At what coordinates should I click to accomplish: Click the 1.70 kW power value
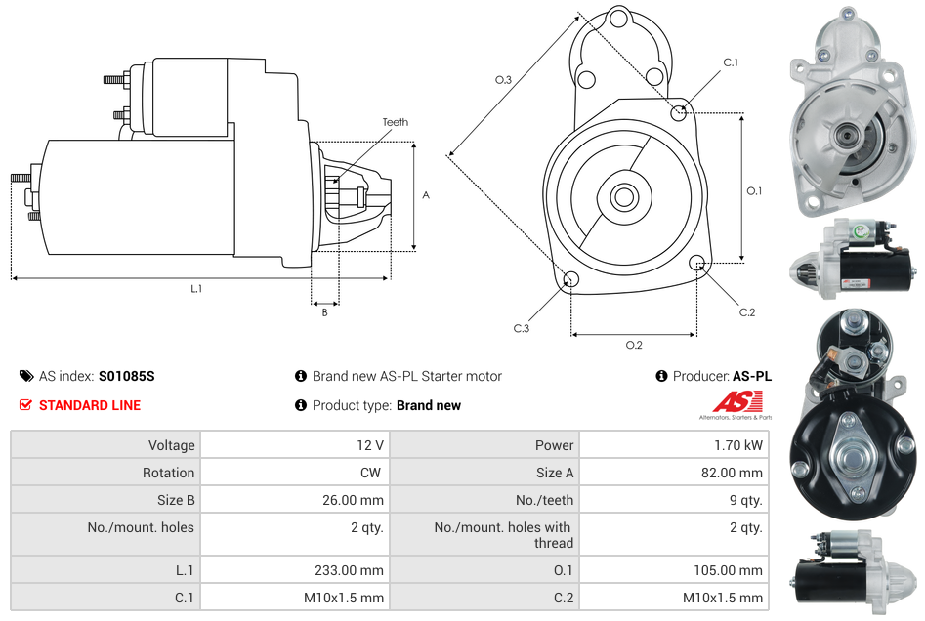(x=739, y=445)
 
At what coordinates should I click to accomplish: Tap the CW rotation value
(x=372, y=473)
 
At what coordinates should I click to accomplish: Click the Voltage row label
(x=171, y=445)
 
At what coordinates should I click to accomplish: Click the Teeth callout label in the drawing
(x=396, y=122)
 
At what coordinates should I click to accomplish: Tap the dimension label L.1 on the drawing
(x=196, y=288)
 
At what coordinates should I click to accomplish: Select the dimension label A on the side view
(x=426, y=195)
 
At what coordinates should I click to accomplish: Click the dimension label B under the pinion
(x=324, y=312)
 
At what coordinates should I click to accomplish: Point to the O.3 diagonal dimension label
(x=503, y=80)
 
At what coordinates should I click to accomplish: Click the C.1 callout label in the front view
(x=730, y=62)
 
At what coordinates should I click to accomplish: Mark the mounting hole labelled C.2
(x=697, y=263)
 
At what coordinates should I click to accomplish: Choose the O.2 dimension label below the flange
(x=634, y=345)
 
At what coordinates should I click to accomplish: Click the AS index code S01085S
(x=126, y=376)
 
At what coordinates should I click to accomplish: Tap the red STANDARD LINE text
(x=90, y=405)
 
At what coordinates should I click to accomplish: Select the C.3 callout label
(x=522, y=328)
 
